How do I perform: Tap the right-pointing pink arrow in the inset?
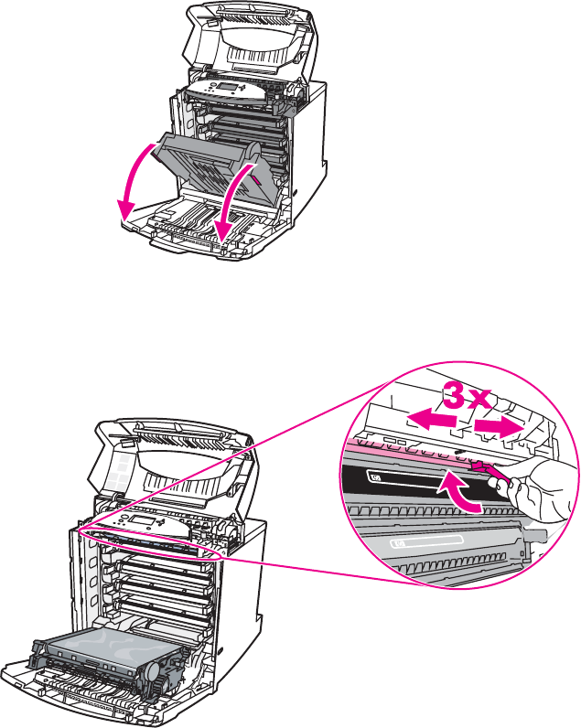tap(501, 426)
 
